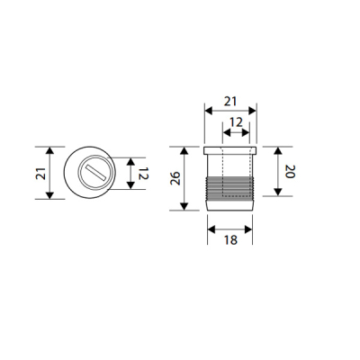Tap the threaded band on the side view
point(232,189)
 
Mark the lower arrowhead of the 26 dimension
point(186,207)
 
